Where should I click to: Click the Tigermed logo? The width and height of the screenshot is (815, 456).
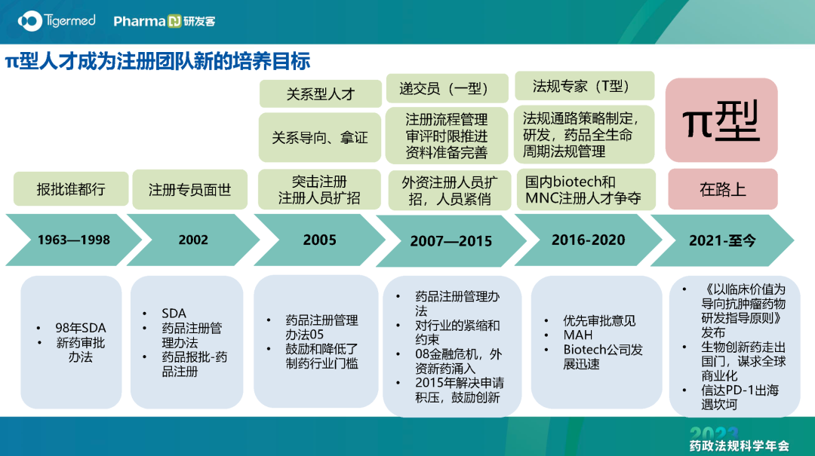pyautogui.click(x=57, y=21)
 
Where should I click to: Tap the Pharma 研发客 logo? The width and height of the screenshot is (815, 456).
pyautogui.click(x=165, y=21)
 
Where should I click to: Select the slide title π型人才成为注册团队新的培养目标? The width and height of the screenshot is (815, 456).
pyautogui.click(x=158, y=61)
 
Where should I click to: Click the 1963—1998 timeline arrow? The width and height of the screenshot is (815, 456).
pyautogui.click(x=73, y=240)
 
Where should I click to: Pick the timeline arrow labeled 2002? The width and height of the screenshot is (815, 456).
pyautogui.click(x=193, y=240)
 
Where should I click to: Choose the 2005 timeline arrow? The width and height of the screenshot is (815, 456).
pyautogui.click(x=320, y=240)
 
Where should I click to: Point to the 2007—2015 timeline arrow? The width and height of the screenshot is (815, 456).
pyautogui.click(x=451, y=241)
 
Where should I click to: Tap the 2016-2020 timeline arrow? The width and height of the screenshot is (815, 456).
pyautogui.click(x=589, y=240)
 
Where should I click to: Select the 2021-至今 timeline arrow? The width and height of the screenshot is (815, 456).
pyautogui.click(x=722, y=240)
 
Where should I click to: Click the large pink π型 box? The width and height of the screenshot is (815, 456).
pyautogui.click(x=721, y=120)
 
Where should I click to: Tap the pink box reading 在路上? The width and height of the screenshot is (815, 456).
pyautogui.click(x=722, y=189)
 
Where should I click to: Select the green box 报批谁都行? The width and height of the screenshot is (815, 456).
pyautogui.click(x=71, y=189)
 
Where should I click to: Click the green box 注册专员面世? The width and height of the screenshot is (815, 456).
pyautogui.click(x=189, y=190)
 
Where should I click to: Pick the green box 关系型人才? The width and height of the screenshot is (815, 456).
pyautogui.click(x=320, y=94)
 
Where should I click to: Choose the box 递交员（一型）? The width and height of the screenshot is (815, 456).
pyautogui.click(x=447, y=88)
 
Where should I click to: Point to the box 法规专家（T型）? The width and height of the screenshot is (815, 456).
pyautogui.click(x=584, y=86)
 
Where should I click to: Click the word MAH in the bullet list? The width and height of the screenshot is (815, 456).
pyautogui.click(x=578, y=335)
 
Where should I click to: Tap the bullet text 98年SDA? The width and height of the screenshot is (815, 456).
pyautogui.click(x=81, y=328)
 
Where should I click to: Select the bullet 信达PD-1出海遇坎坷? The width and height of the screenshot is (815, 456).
pyautogui.click(x=740, y=397)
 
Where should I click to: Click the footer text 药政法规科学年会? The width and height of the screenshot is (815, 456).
pyautogui.click(x=739, y=445)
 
